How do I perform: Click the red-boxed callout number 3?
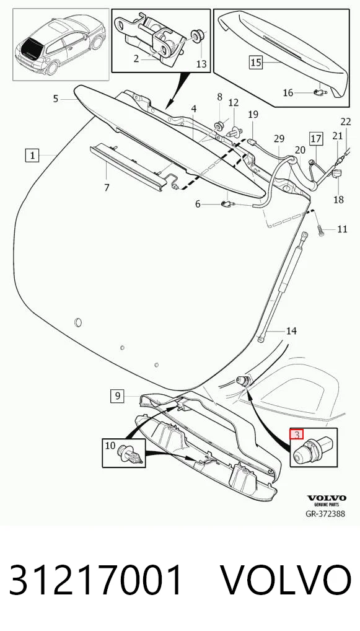pos(297,435)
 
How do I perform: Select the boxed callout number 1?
pos(33,155)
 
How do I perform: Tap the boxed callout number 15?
pos(256,63)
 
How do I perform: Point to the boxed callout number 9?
pos(118,396)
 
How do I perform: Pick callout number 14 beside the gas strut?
pos(291,331)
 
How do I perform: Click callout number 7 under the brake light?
pos(107,188)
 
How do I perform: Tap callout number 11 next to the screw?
pos(342,229)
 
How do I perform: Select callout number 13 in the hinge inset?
pos(201,64)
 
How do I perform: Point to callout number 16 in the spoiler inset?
pos(288,93)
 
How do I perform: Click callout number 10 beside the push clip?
pos(110,446)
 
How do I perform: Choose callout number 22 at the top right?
pos(346,121)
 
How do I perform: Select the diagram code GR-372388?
pos(326,514)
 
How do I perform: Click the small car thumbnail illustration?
pos(61,44)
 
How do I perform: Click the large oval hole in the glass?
pos(79,322)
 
